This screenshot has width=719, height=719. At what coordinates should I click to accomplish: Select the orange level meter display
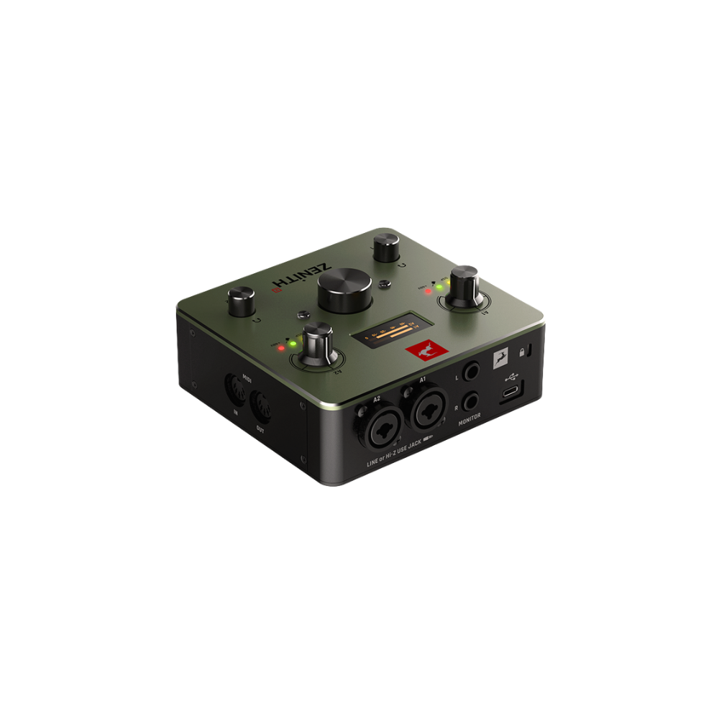tap(390, 334)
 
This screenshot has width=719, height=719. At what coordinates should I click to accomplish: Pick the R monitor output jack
tap(472, 400)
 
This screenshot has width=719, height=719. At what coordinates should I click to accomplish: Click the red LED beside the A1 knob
tap(429, 291)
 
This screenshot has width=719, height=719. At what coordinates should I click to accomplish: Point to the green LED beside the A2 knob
tap(293, 345)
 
